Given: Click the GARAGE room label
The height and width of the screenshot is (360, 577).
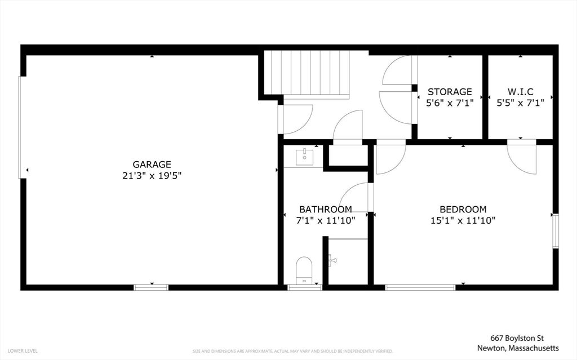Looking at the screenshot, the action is click(x=152, y=165).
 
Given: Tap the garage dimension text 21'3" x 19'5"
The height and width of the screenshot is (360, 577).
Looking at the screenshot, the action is click(x=152, y=176).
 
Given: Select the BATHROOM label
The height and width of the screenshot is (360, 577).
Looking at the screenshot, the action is click(x=325, y=210).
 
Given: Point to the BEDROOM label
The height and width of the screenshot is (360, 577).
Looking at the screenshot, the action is click(x=463, y=210).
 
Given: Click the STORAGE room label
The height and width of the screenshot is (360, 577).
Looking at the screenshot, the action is click(x=450, y=92).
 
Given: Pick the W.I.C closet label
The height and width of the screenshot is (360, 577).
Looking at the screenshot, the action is click(x=520, y=92).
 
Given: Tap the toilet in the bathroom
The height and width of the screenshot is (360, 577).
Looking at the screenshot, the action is click(x=304, y=270).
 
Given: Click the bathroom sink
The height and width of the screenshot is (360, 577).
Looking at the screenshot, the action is click(x=305, y=157).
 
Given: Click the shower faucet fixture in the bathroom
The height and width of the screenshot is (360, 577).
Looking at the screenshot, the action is click(x=333, y=260).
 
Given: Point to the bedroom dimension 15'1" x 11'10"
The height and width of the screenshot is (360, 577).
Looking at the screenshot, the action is click(x=463, y=221).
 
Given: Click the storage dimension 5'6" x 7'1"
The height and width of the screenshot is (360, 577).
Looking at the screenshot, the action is click(x=450, y=103).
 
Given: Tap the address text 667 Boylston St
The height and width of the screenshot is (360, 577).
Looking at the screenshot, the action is click(x=517, y=338).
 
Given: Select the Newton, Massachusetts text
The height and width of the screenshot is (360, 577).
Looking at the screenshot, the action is click(x=518, y=348).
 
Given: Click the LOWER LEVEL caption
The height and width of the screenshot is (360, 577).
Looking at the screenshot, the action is click(x=23, y=351).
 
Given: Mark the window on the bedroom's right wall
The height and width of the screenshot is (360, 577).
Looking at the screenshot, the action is click(x=556, y=231).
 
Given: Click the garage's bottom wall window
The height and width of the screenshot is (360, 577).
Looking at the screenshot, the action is click(x=151, y=287).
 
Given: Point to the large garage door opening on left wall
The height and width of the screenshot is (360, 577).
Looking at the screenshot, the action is click(x=22, y=127).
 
